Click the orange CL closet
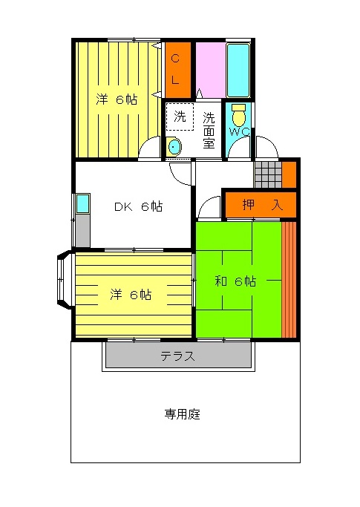pos(178,70)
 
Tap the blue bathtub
pos(238,71)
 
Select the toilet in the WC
pos(239,116)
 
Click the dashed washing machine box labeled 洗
pos(180,117)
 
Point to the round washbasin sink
pos(174,147)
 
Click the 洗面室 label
pos(209,130)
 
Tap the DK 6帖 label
pos(139,206)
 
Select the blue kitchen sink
pos(83,203)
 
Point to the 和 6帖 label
pos(235,281)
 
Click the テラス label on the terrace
pos(178,356)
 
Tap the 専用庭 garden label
pos(183,414)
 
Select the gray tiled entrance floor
pos(268,174)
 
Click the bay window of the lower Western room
pos(65,280)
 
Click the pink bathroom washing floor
pos(211,70)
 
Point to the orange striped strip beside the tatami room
pos(289,279)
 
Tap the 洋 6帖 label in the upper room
pos(117,99)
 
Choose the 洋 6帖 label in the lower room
pos(131,295)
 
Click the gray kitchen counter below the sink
pos(83,230)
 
